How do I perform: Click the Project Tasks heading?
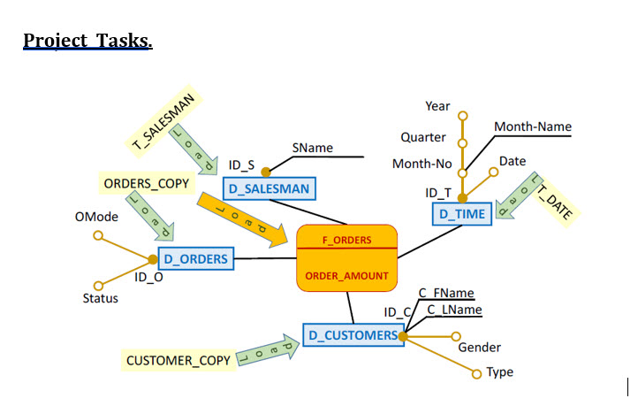pyautogui.click(x=87, y=41)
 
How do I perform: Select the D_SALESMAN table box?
pyautogui.click(x=269, y=188)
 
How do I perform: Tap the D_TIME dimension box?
pyautogui.click(x=461, y=214)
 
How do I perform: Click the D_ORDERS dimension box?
pyautogui.click(x=195, y=259)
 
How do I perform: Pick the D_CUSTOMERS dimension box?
pyautogui.click(x=352, y=335)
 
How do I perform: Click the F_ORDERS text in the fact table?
pyautogui.click(x=346, y=239)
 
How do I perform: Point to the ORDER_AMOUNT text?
pyautogui.click(x=346, y=276)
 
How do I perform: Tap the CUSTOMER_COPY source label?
pyautogui.click(x=178, y=360)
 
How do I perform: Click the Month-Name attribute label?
pyautogui.click(x=532, y=127)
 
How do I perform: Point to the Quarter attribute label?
pyautogui.click(x=423, y=137)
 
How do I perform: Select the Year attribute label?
pyautogui.click(x=437, y=106)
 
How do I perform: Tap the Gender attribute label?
pyautogui.click(x=479, y=347)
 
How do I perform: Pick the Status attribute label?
pyautogui.click(x=100, y=298)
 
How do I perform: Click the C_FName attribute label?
pyautogui.click(x=445, y=293)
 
